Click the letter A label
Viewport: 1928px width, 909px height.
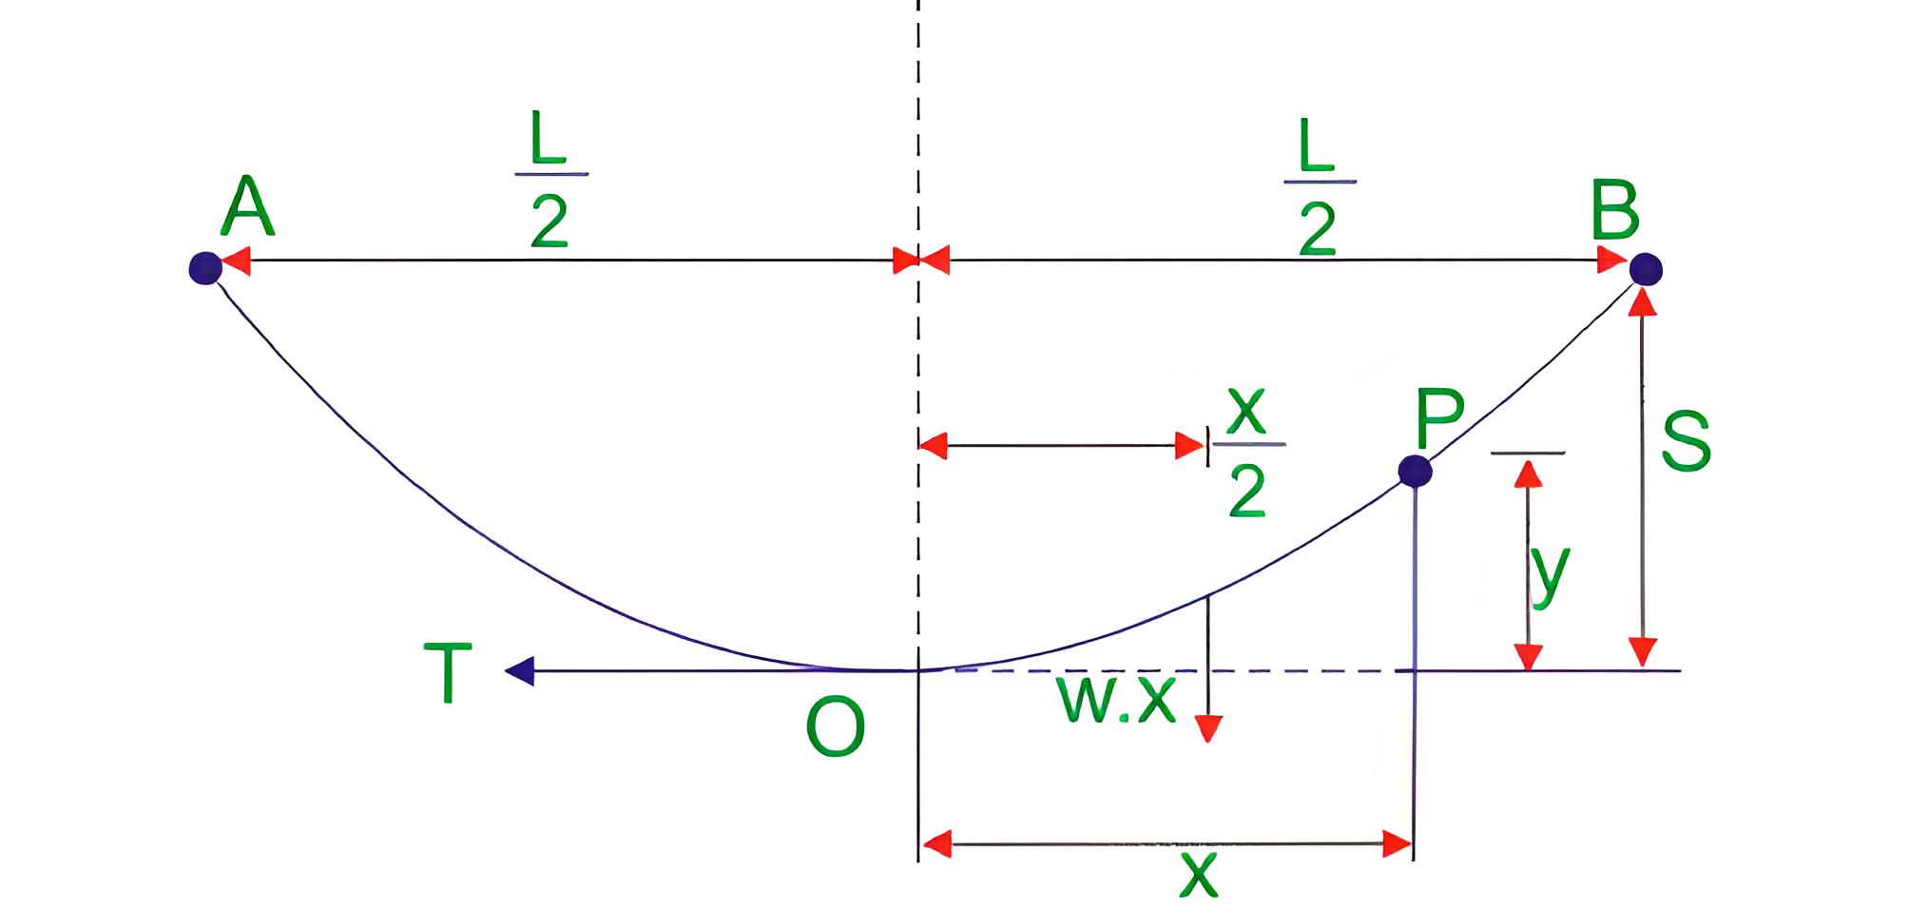tap(248, 206)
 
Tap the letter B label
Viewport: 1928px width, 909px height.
tap(1615, 208)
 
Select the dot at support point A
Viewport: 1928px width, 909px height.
tap(205, 268)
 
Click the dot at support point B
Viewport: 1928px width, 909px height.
tap(1646, 269)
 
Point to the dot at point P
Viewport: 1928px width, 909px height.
tap(1415, 471)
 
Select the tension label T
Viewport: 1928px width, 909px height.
tap(448, 672)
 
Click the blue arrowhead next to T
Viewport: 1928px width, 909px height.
tap(520, 671)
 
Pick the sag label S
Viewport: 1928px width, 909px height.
tap(1687, 441)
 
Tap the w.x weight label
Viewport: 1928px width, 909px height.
tap(1116, 702)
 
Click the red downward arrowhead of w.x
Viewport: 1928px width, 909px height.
tap(1207, 728)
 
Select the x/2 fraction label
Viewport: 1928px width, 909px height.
tap(1247, 453)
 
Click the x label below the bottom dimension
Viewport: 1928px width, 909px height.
tap(1198, 875)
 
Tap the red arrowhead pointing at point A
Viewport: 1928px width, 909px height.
tap(236, 261)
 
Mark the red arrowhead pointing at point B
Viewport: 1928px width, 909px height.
tap(1613, 259)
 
